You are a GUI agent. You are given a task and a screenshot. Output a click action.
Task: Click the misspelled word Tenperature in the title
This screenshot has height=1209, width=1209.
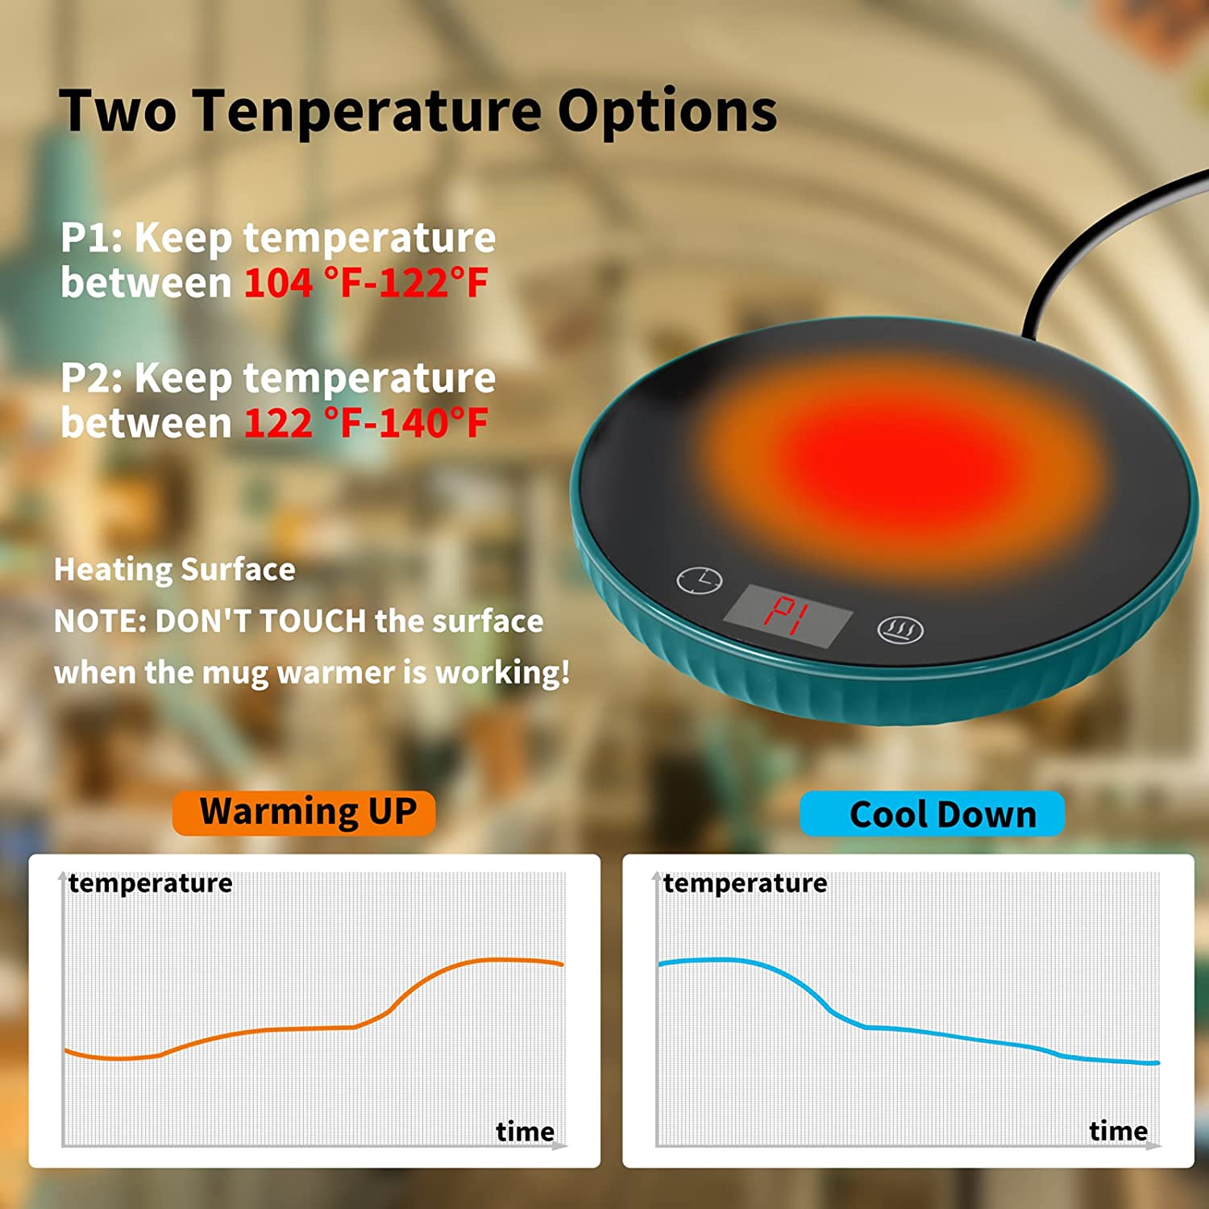click(367, 110)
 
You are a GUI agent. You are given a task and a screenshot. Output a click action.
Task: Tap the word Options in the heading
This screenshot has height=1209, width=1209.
click(667, 110)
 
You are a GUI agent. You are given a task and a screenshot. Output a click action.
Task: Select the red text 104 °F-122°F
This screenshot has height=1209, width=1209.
click(366, 283)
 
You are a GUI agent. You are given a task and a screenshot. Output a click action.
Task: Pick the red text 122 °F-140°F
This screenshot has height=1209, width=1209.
click(366, 423)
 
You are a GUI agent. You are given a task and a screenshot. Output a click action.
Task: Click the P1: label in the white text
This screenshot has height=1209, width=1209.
click(91, 238)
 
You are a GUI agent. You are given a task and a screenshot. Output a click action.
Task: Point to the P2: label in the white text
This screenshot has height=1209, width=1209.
click(91, 378)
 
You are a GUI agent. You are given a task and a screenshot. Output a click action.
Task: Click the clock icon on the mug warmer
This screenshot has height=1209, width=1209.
click(699, 580)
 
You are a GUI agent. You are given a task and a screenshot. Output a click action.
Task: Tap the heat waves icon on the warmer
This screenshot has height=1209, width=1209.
click(900, 629)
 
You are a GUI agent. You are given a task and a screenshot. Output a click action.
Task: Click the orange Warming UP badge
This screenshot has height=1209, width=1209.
click(304, 812)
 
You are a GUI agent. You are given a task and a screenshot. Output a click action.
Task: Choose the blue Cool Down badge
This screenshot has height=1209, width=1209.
click(932, 814)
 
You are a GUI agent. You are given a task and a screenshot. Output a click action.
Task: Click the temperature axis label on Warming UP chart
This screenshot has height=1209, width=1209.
click(151, 883)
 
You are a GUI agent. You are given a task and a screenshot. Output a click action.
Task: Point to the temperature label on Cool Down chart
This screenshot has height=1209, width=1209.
click(745, 883)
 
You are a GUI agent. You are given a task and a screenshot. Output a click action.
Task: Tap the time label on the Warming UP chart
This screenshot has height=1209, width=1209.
click(525, 1132)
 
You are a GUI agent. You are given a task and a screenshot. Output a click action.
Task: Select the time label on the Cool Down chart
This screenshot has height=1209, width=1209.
click(1118, 1131)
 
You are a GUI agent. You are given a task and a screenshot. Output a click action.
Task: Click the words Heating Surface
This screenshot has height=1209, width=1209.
click(175, 570)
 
